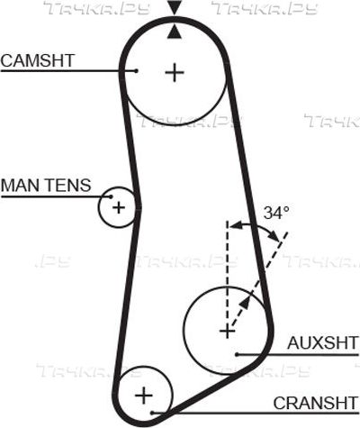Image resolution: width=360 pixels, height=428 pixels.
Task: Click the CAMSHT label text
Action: tap(38, 60)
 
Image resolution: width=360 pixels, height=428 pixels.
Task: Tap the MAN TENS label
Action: tap(46, 185)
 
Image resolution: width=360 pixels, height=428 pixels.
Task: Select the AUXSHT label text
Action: tap(323, 342)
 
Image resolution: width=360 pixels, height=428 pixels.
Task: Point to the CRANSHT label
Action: tap(316, 403)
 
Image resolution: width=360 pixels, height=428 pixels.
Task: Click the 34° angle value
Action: tap(276, 213)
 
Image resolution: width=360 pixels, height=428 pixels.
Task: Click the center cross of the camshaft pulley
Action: tap(175, 72)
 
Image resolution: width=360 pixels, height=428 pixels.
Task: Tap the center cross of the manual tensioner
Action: tap(119, 207)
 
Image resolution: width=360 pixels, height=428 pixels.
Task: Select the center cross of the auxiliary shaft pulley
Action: tap(227, 332)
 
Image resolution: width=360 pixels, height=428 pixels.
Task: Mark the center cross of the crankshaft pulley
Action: tap(144, 396)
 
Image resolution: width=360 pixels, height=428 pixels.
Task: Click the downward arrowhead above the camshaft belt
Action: tap(175, 7)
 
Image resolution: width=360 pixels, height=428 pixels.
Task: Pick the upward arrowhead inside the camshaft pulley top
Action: tap(175, 32)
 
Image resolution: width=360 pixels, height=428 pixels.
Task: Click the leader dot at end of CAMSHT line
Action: tap(136, 71)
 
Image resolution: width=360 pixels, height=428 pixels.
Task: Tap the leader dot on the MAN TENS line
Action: tap(111, 196)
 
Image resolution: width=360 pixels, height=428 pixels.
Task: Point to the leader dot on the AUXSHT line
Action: tap(237, 355)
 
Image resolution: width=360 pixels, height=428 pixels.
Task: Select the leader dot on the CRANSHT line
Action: tap(152, 413)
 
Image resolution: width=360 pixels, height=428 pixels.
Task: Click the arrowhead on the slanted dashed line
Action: tap(245, 303)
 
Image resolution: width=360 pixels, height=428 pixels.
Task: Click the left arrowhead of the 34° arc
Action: tap(236, 224)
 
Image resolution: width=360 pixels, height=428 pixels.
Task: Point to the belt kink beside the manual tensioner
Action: tap(139, 206)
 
